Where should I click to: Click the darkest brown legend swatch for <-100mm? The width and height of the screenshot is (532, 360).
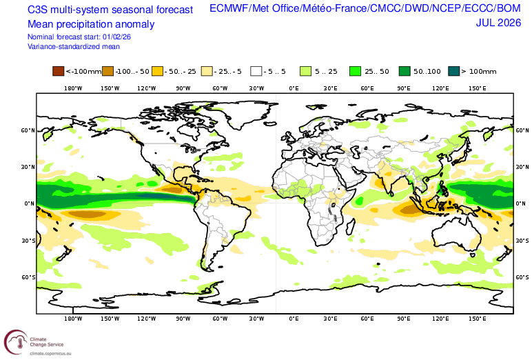58,71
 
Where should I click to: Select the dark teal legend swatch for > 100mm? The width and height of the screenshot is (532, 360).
454,71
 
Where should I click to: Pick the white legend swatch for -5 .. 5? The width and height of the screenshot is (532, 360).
256,71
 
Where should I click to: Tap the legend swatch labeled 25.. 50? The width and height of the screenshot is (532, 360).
355,71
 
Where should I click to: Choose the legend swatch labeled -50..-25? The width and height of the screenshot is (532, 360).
157,71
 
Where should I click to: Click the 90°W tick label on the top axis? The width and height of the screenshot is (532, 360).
183,88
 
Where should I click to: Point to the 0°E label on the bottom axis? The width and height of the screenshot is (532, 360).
294,319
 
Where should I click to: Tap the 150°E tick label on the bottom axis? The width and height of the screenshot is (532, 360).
478,319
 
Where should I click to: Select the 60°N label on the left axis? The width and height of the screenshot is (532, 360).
28,130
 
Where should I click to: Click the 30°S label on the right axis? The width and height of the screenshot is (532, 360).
522,241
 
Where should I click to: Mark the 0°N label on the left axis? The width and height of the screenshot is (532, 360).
30,203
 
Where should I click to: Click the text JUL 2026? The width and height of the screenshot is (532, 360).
498,23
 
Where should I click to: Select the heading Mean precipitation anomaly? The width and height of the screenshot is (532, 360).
91,24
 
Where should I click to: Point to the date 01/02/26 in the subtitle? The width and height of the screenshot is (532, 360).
116,37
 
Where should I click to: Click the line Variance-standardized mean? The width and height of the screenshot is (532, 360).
74,46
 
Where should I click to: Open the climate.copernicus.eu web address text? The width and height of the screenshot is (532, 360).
50,354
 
